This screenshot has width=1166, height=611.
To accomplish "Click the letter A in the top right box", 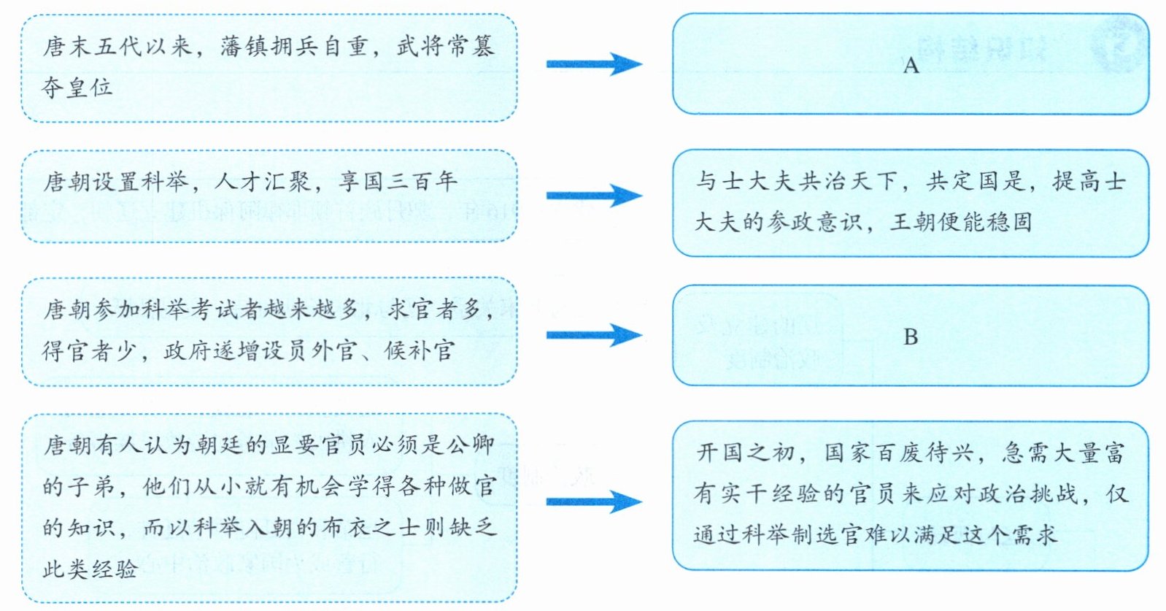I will point(910,66).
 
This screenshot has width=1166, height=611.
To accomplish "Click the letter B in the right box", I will point(910,337).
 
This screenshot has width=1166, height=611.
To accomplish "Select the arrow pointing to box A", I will point(594,64).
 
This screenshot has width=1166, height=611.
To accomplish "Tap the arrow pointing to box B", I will point(594,336).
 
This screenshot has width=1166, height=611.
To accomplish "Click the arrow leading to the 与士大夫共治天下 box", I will point(594,196).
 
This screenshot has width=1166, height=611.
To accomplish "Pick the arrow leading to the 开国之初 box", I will point(594,502).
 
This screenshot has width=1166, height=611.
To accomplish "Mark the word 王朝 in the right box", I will point(913,222).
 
